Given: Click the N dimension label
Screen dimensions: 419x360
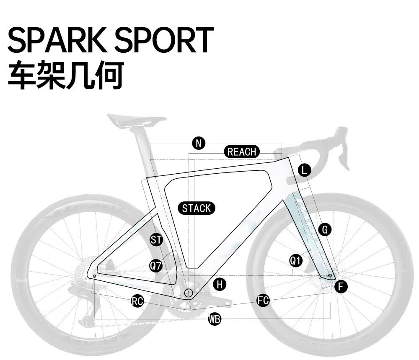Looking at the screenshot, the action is [199, 144].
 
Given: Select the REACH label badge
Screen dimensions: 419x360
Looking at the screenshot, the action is [242, 152].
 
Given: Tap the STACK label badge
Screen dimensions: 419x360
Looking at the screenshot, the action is [197, 208].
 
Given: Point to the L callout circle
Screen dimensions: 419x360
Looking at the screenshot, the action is [304, 170].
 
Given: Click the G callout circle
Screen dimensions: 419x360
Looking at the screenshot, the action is [325, 230].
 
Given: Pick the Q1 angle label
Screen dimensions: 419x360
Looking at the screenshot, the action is [296, 260].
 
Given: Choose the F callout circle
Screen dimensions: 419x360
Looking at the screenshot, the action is [341, 287].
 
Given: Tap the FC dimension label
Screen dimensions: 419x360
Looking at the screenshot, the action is [263, 301].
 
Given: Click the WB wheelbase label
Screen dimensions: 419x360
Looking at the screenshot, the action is [215, 319].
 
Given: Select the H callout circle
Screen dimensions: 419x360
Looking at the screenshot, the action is [220, 284].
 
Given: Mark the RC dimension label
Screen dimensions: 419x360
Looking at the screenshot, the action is [137, 301].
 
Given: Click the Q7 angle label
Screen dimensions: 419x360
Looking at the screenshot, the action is [156, 265].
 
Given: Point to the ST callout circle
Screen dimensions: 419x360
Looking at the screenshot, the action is [156, 239].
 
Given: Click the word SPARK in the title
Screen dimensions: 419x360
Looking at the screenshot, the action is [57, 40].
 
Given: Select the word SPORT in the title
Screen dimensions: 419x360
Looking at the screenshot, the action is [164, 40].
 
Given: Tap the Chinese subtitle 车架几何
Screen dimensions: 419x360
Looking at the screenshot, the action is [66, 75].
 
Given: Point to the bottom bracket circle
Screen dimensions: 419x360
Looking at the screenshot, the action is [189, 293].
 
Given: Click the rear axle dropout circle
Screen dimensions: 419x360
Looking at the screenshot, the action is [94, 276].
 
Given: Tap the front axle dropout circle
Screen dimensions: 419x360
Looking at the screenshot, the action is [330, 275].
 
